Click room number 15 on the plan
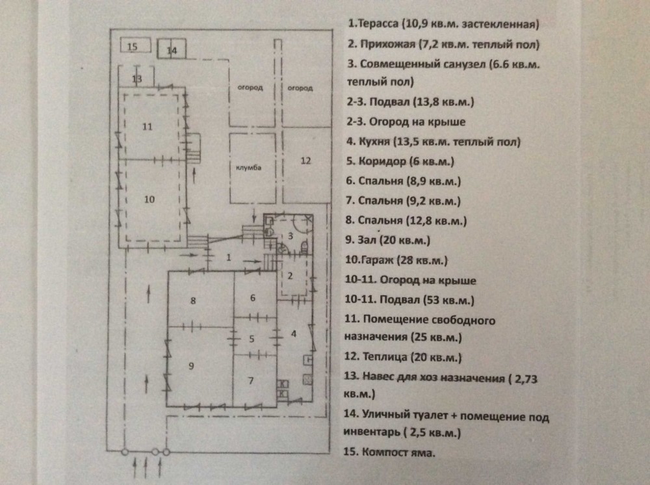[x=132, y=46]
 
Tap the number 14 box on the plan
[x=172, y=51]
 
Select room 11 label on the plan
[x=148, y=127]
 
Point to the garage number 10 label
[x=149, y=200]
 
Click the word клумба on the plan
[x=248, y=168]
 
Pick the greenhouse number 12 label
[x=305, y=161]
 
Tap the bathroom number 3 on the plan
[x=291, y=236]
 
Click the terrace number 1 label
[x=228, y=257]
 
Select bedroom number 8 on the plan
[x=193, y=300]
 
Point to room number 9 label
[x=191, y=365]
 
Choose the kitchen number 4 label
[x=294, y=334]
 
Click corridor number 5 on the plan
[x=252, y=339]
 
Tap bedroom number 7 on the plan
[x=251, y=380]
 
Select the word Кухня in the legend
[x=374, y=142]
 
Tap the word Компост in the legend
[x=380, y=452]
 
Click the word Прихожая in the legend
[x=387, y=44]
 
